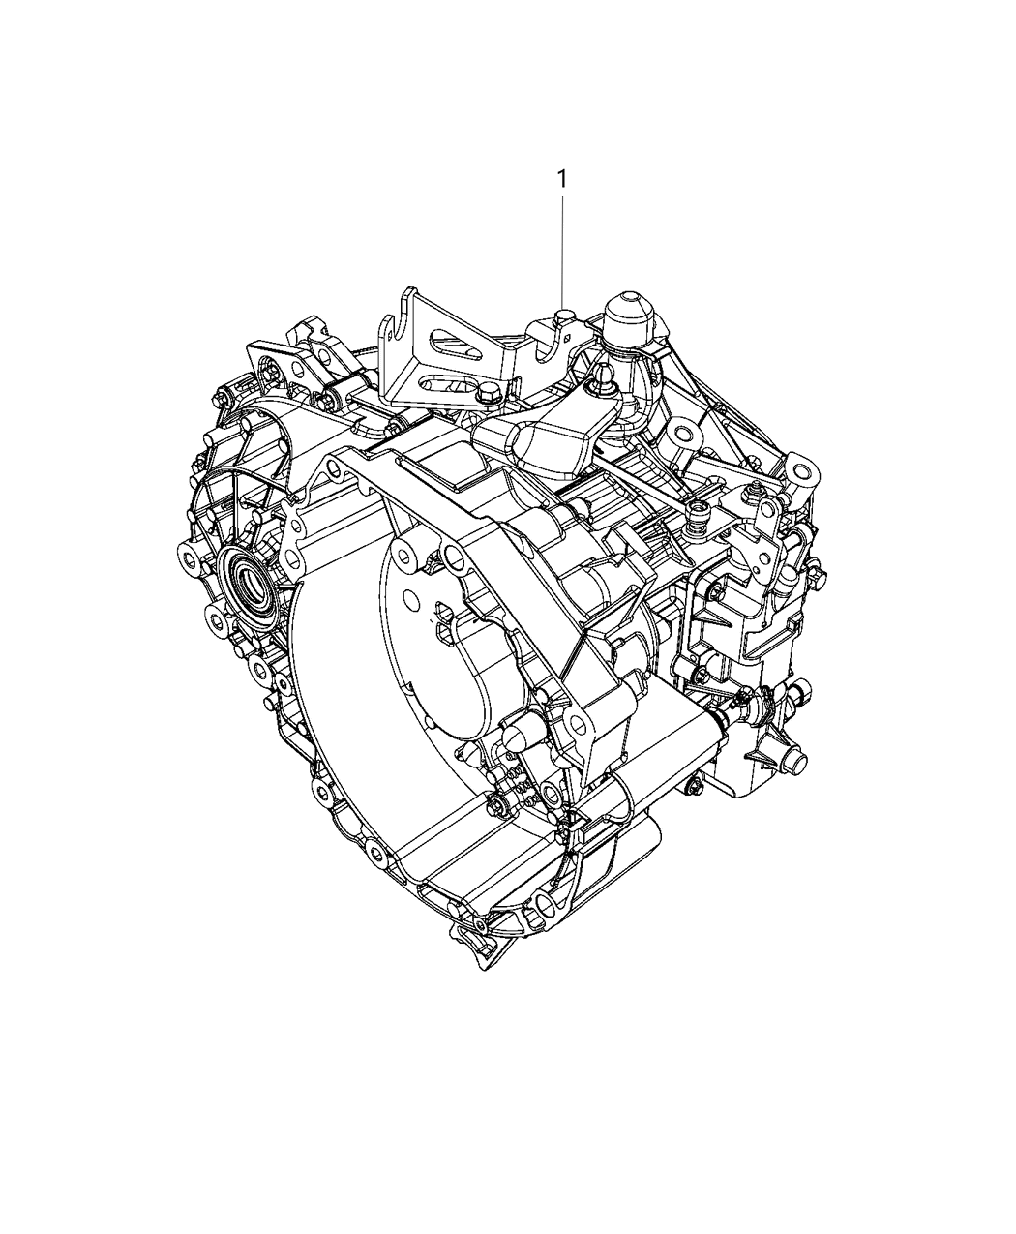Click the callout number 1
pos(560,179)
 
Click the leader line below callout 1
pos(561,252)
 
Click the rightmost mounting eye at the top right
pos(801,471)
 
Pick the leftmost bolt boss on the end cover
pos(189,557)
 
